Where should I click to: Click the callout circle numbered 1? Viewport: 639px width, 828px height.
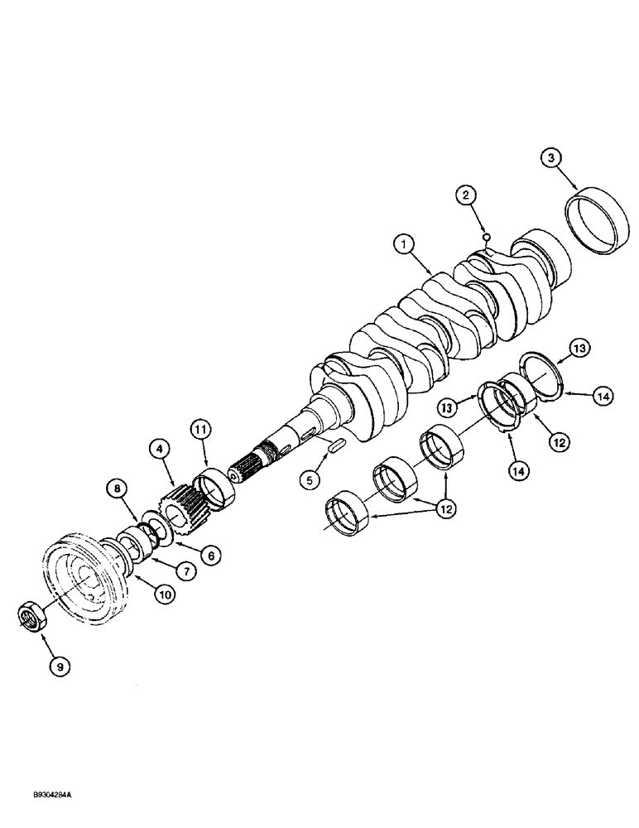click(x=403, y=244)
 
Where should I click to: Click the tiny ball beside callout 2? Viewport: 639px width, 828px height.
click(x=487, y=237)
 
